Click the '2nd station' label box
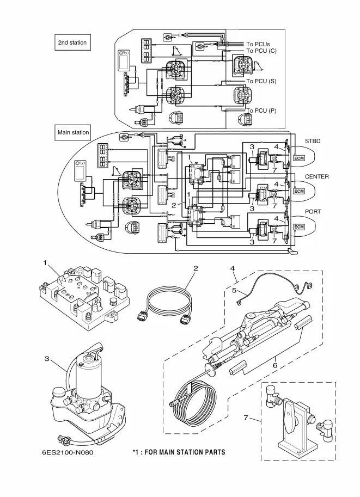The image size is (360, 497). point(72,42)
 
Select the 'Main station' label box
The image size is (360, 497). point(74,132)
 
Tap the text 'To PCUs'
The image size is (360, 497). point(258,44)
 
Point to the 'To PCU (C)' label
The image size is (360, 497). point(261,51)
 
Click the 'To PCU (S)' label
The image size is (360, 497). point(261,81)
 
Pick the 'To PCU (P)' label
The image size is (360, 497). point(261,111)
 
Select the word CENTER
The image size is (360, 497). point(316,177)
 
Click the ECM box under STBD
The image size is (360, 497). point(299,158)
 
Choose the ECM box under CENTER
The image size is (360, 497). point(299,192)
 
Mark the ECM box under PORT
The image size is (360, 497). point(299,226)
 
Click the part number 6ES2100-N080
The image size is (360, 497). point(63,452)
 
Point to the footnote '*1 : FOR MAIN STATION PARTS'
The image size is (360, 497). point(179,452)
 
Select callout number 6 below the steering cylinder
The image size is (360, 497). point(276,366)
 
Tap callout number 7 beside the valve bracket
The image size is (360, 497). point(246,418)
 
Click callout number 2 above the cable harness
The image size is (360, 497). point(195,268)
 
